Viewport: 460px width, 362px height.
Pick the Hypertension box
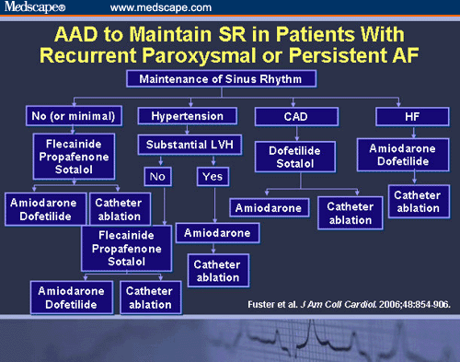pyautogui.click(x=180, y=115)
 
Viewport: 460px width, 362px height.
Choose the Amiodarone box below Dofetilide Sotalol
pyautogui.click(x=268, y=208)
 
